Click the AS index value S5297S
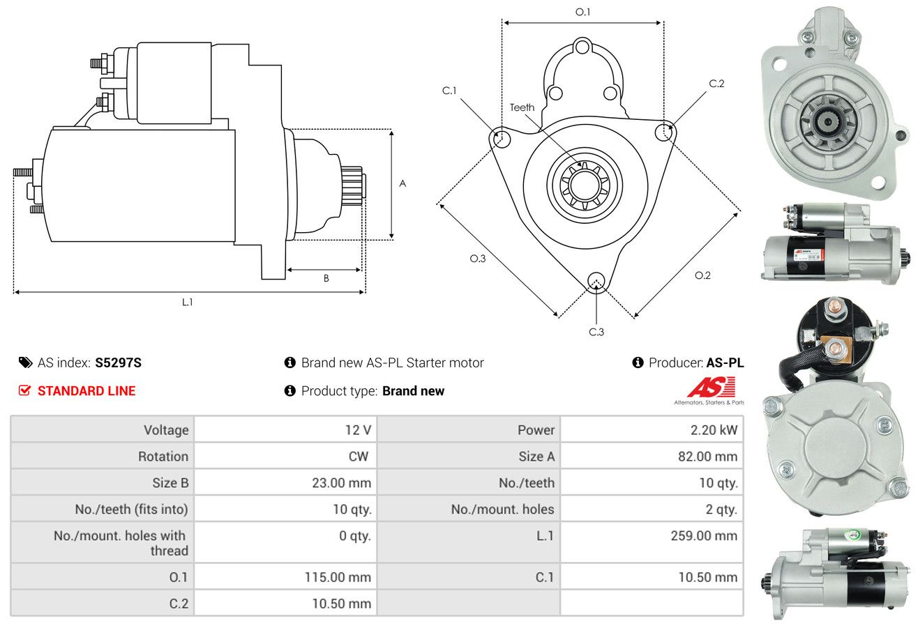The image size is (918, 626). point(118,362)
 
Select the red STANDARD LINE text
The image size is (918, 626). point(86,391)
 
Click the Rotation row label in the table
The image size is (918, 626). point(163,456)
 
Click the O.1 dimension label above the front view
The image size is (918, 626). point(582,12)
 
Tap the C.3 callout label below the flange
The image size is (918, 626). point(596,332)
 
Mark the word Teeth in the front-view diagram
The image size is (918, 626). point(522,107)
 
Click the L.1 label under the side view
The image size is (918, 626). point(187,302)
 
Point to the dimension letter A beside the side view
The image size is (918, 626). point(402,183)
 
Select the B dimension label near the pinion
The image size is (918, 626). point(326,278)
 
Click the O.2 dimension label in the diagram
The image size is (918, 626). point(702,275)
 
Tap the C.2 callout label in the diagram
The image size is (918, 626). point(716,84)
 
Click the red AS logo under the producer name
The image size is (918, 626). point(712,388)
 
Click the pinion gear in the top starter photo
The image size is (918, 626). point(828,121)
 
